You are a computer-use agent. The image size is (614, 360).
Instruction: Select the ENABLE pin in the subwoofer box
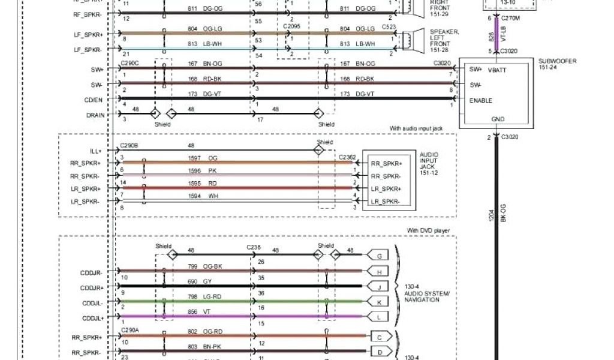click(481, 101)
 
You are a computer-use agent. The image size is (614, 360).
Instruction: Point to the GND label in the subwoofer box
click(498, 119)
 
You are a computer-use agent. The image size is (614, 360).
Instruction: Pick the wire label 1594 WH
click(202, 196)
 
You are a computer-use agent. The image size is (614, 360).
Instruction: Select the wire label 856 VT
click(202, 311)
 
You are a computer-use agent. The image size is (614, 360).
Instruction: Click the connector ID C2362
click(347, 157)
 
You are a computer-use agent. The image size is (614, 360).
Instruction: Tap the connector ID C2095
click(292, 27)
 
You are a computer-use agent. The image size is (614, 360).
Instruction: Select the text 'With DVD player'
click(428, 230)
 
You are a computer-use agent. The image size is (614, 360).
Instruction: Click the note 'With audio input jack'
click(420, 128)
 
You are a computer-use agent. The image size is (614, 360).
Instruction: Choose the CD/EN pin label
click(94, 100)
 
